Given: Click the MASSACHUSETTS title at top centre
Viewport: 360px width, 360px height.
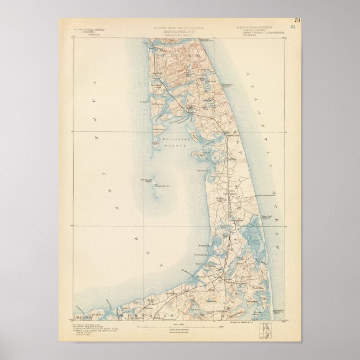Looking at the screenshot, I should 179,31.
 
